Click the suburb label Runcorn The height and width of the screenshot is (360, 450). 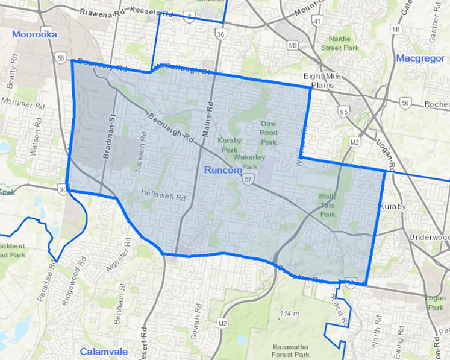coord(223,171)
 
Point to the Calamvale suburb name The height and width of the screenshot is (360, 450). coord(101,351)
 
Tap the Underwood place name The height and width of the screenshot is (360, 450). coord(429,238)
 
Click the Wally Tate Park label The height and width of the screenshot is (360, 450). coord(328,205)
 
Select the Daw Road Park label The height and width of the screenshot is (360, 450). coord(269,133)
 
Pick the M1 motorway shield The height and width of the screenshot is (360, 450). coord(396,29)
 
